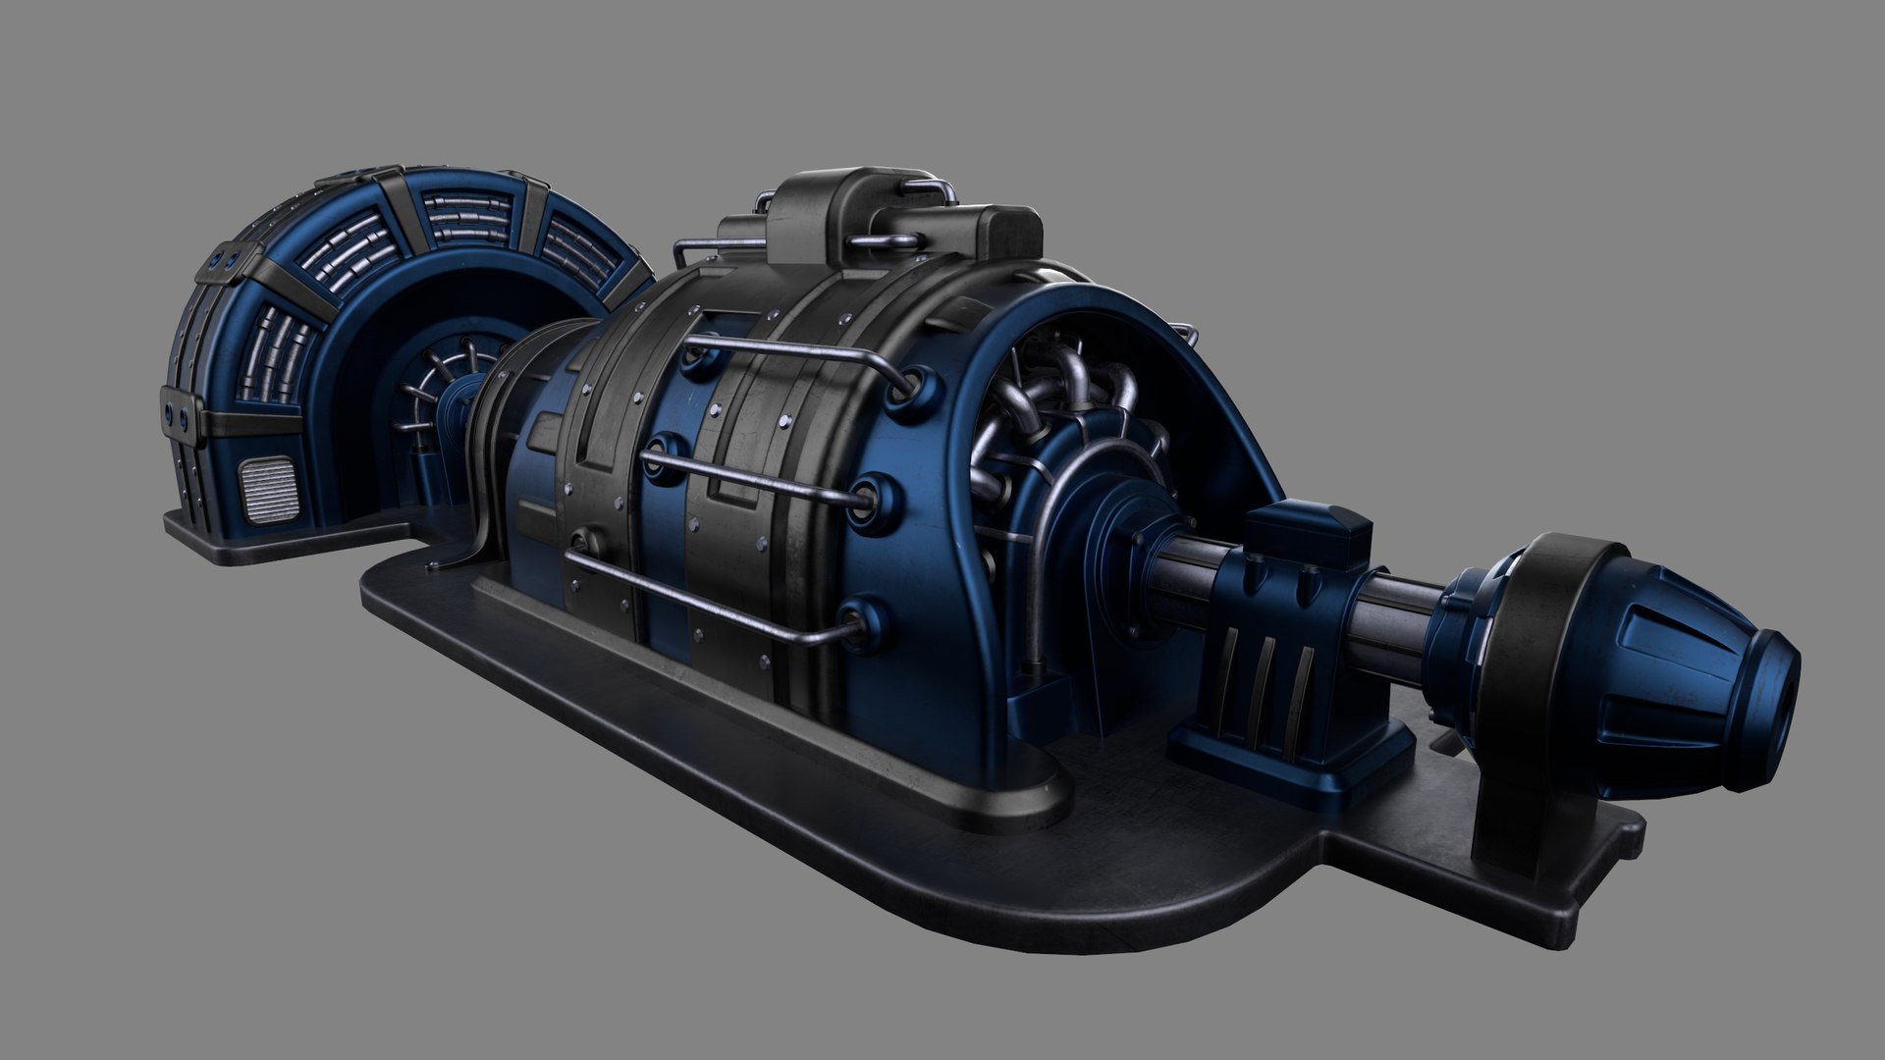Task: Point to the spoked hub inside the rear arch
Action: [432, 393]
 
